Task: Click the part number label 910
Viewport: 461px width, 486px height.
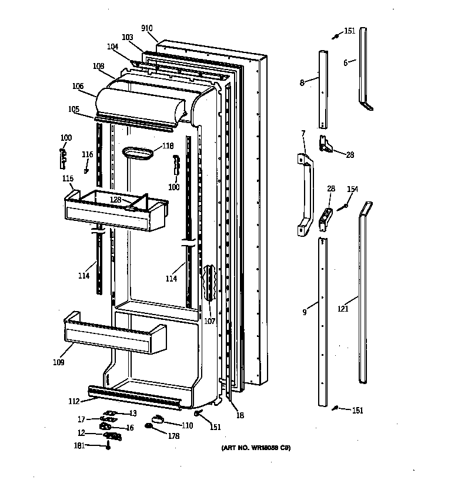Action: [147, 28]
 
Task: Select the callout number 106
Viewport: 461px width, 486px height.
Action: [78, 86]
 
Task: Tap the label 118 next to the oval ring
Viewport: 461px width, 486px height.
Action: [168, 146]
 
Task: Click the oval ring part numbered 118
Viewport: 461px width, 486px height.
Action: [138, 153]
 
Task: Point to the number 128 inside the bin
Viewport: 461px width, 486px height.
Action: [115, 200]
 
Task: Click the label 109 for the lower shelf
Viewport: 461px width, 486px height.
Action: [58, 362]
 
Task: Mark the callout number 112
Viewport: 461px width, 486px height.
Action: [74, 402]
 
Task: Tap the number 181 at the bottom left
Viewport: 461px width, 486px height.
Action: [79, 445]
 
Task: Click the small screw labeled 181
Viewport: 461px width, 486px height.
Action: [108, 447]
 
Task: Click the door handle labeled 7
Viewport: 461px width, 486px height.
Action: [305, 194]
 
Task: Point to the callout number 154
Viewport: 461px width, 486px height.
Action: [352, 189]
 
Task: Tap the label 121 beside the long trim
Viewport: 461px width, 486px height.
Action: [343, 308]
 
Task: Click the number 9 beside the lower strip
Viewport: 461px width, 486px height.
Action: [304, 312]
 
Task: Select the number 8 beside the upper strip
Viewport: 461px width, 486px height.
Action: [302, 83]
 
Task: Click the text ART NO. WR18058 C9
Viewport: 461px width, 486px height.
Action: [256, 448]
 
